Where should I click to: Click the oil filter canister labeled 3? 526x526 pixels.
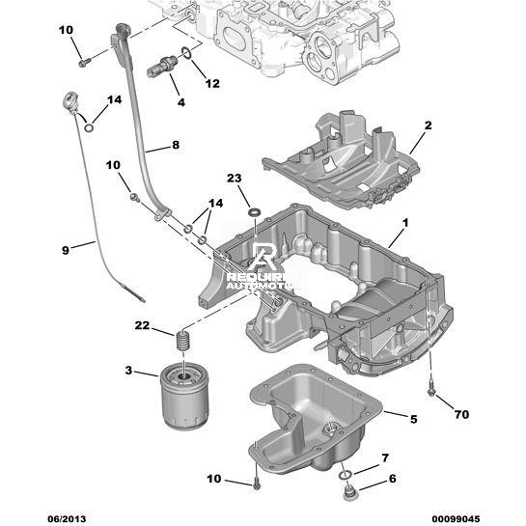click(x=184, y=399)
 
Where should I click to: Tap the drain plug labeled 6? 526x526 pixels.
click(x=350, y=491)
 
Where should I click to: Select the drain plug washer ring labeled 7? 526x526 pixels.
click(x=345, y=475)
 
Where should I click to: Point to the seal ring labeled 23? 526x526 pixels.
click(x=254, y=212)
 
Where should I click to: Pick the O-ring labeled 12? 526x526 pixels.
click(x=186, y=52)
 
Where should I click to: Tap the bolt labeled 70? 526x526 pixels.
click(x=431, y=390)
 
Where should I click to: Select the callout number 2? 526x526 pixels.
click(x=428, y=125)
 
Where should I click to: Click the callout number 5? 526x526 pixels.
click(x=413, y=419)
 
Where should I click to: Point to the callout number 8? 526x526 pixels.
click(x=176, y=145)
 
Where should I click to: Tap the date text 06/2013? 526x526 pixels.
click(x=67, y=519)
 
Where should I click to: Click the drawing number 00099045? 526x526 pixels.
click(x=456, y=519)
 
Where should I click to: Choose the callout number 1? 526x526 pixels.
click(x=405, y=222)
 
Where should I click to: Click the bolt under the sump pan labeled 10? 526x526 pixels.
click(x=257, y=484)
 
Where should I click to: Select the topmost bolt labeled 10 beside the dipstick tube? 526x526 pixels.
click(x=84, y=63)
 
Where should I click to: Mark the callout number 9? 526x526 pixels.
click(x=65, y=250)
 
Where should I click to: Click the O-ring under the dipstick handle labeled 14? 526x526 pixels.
click(x=89, y=127)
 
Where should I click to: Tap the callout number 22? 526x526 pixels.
click(x=142, y=325)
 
